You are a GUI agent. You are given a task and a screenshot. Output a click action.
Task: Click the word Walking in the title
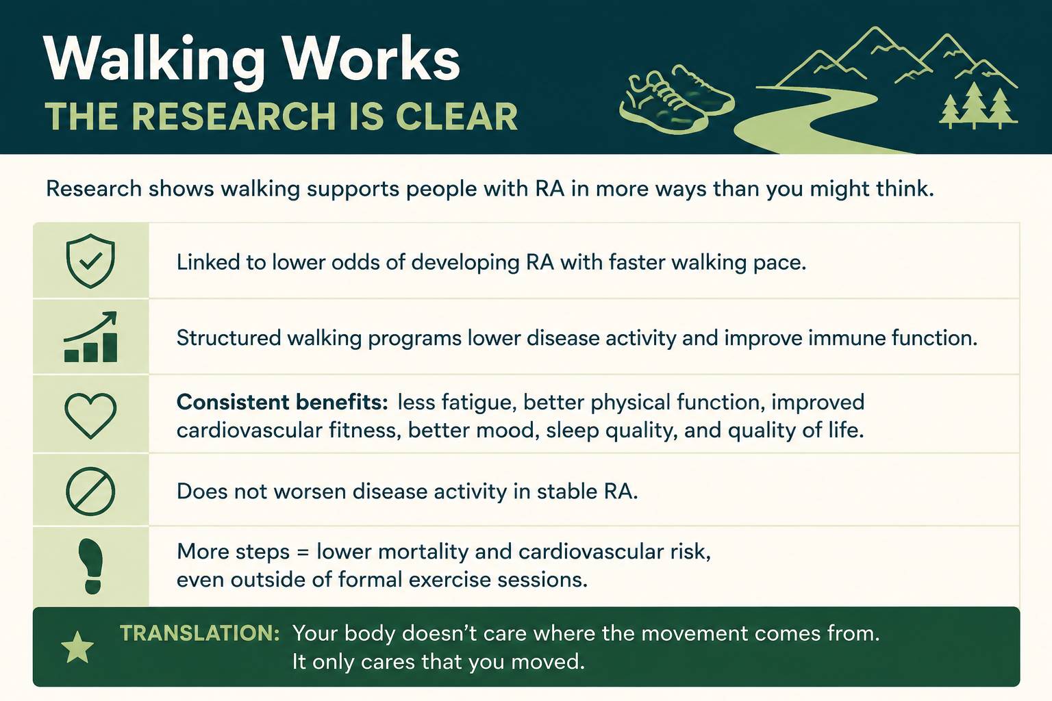pyautogui.click(x=154, y=62)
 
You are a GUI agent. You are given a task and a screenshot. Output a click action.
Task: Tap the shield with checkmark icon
pyautogui.click(x=90, y=261)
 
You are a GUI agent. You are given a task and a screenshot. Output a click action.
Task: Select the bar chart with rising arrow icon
pyautogui.click(x=90, y=337)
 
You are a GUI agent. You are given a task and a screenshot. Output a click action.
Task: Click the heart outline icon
pyautogui.click(x=90, y=416)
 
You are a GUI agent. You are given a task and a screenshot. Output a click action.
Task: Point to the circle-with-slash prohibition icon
pyautogui.click(x=90, y=491)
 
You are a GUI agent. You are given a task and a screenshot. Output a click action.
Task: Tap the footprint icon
pyautogui.click(x=91, y=566)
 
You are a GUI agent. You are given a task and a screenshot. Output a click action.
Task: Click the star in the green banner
pyautogui.click(x=77, y=647)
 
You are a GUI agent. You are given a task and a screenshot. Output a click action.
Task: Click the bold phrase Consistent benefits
pyautogui.click(x=282, y=402)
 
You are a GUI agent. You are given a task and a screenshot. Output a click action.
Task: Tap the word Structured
pyautogui.click(x=229, y=337)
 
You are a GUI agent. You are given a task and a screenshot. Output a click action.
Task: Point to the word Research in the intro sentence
pyautogui.click(x=93, y=189)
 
